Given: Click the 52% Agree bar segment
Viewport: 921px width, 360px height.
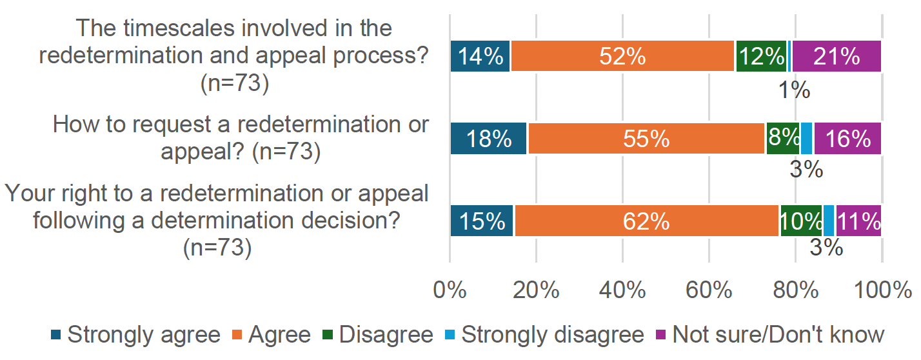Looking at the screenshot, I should tap(622, 56).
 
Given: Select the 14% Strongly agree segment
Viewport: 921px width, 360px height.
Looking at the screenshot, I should tap(480, 56).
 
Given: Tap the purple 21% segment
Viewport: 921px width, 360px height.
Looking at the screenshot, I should tap(837, 56).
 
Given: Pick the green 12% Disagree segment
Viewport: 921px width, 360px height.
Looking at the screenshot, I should tap(761, 56).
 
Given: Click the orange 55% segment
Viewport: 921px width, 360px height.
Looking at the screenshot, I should tap(646, 138).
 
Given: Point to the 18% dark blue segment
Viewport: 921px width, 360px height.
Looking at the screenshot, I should tap(489, 138).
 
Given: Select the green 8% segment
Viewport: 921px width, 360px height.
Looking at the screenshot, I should tap(783, 138).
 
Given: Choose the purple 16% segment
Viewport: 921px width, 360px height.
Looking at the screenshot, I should tap(847, 138).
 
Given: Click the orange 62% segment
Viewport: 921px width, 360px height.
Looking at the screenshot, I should tap(646, 221).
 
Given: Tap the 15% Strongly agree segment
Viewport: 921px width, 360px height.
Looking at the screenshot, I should tap(482, 221).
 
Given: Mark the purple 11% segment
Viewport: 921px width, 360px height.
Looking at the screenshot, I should tap(858, 221).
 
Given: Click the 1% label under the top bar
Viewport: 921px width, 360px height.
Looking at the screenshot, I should tap(793, 90).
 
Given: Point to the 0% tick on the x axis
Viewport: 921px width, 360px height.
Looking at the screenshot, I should tap(450, 290).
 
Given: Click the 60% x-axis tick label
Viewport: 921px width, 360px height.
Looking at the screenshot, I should tap(709, 290).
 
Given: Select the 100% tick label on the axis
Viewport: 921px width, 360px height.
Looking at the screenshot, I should tap(881, 290).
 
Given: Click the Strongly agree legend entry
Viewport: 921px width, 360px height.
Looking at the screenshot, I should tap(135, 335).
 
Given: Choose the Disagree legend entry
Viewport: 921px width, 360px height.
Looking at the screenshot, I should tap(377, 335).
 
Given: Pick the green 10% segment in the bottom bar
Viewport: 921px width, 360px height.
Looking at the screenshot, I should tap(801, 221).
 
